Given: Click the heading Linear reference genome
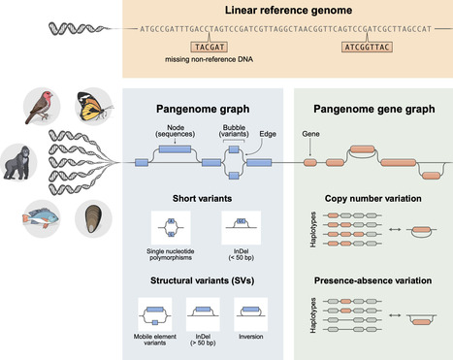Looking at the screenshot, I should (x=288, y=10).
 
